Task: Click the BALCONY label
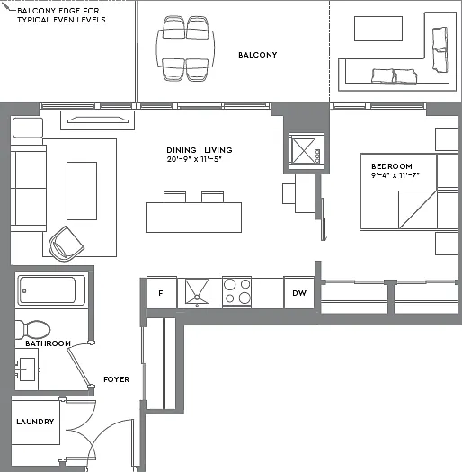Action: coord(257,55)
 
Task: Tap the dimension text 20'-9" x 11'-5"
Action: coord(194,159)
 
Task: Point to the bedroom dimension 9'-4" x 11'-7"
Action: coord(395,175)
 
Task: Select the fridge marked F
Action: coord(162,292)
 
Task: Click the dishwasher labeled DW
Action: coord(299,292)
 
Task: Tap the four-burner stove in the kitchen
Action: coord(237,291)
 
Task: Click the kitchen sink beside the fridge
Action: coord(197,291)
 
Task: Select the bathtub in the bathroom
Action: coord(51,290)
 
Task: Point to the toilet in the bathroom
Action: coord(32,329)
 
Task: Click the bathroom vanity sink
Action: coord(27,370)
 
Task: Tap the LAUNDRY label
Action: coord(35,422)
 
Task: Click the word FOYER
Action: coord(117,379)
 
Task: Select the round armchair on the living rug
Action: coord(67,244)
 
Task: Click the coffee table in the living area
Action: coord(82,191)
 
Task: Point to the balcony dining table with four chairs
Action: coord(185,49)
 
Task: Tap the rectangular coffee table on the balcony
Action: coord(378,29)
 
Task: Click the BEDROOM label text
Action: coord(392,166)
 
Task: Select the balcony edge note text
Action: coord(61,15)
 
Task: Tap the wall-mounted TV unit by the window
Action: coord(97,120)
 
